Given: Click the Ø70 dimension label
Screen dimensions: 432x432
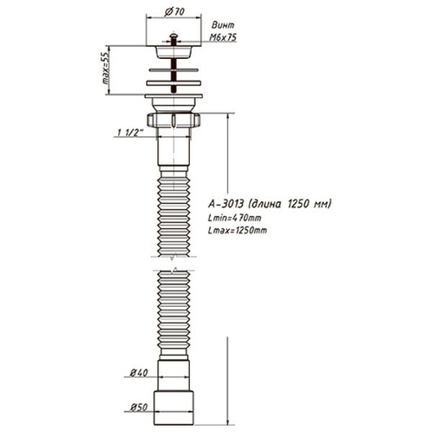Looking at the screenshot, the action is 174,12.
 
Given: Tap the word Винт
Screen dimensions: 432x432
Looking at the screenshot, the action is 223,25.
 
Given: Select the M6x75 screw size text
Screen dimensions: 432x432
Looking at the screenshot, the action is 223,37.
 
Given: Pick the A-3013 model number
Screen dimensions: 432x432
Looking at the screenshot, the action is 226,204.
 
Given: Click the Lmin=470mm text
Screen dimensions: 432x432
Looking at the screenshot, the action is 235,218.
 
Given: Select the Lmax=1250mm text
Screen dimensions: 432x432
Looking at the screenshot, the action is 238,230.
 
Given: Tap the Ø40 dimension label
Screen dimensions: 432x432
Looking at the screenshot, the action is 139,373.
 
